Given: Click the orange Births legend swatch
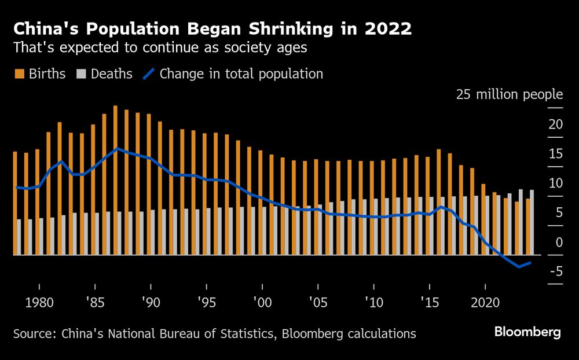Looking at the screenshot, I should (19, 74).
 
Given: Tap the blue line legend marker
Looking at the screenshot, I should (149, 74).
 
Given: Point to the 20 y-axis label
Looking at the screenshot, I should (555, 124).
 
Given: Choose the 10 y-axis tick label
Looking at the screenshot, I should (555, 183).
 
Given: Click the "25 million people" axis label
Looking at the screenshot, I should (509, 94).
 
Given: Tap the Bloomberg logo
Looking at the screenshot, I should (527, 332).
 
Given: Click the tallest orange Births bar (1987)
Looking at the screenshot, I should (115, 180).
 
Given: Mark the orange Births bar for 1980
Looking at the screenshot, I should (37, 202).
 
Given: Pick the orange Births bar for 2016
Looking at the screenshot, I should (438, 202).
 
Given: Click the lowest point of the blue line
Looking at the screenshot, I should (519, 266).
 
